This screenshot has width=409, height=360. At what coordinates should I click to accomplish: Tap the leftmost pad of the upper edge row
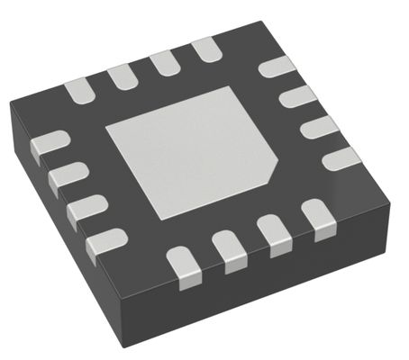click(x=79, y=88)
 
